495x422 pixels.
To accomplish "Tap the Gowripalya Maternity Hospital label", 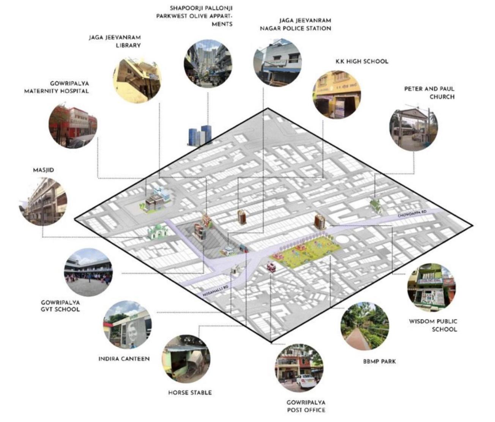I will pyautogui.click(x=57, y=87).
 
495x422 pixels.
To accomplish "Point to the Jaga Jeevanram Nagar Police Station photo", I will pyautogui.click(x=277, y=62).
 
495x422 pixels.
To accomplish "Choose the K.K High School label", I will pyautogui.click(x=362, y=61).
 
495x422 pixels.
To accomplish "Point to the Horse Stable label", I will pyautogui.click(x=190, y=392).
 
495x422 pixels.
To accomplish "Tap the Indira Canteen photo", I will pyautogui.click(x=128, y=325).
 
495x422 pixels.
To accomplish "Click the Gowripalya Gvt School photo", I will pyautogui.click(x=88, y=272).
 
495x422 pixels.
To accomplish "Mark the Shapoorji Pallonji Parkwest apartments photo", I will pyautogui.click(x=208, y=63).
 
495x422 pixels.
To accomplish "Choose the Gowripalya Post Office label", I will pyautogui.click(x=306, y=406).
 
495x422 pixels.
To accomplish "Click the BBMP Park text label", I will pyautogui.click(x=379, y=361).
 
